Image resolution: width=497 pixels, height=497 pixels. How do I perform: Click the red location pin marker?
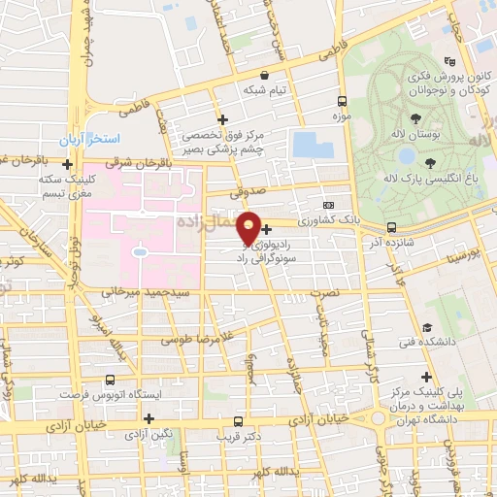[x=249, y=228]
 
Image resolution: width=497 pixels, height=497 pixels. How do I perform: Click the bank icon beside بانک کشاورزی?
[x=328, y=205]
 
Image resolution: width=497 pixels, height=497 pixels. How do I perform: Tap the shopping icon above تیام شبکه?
[x=263, y=74]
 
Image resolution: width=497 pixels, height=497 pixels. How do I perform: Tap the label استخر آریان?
[x=88, y=142]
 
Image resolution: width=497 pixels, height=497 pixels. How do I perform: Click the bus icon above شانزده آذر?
[x=391, y=227]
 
